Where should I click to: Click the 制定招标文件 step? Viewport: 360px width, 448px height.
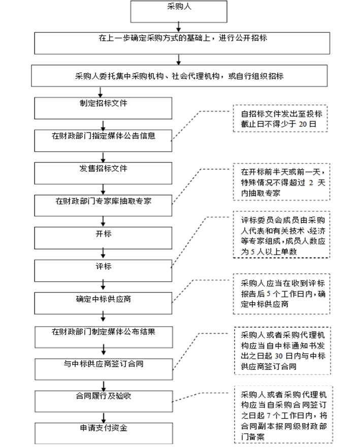[x=103, y=107]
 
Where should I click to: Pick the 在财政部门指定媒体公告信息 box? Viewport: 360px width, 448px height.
[x=103, y=137]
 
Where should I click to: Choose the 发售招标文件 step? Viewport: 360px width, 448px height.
[x=103, y=170]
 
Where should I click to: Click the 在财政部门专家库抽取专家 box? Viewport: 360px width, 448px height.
[x=103, y=202]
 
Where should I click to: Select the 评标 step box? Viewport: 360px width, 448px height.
[x=103, y=267]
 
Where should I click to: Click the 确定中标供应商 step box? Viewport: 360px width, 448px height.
[x=103, y=300]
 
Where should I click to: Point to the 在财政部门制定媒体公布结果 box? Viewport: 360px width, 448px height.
[x=103, y=333]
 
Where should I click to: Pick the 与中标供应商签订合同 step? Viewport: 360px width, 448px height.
[x=103, y=365]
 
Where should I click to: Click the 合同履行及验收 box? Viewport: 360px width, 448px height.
[x=103, y=396]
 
